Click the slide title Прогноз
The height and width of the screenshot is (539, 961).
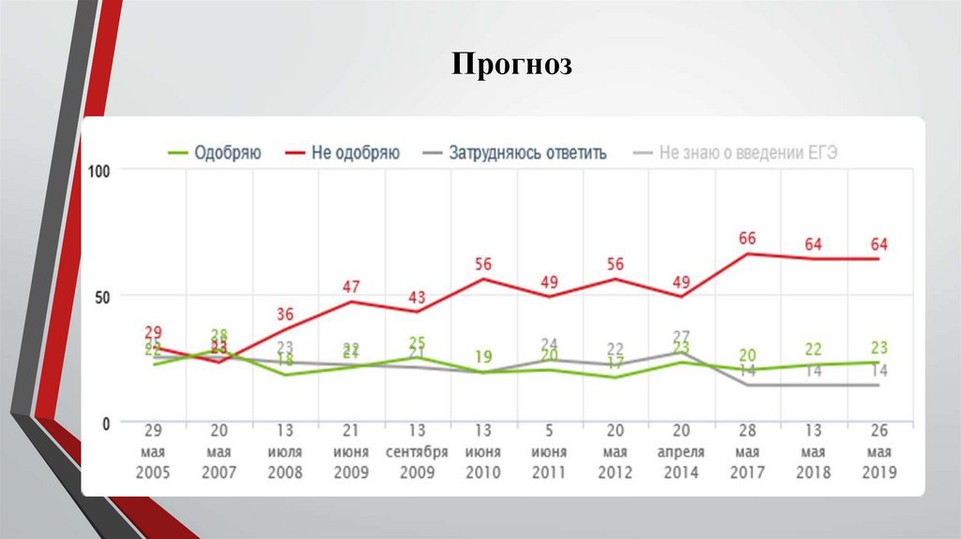511,65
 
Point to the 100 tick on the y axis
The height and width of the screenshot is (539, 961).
99,171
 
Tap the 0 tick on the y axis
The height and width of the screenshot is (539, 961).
106,423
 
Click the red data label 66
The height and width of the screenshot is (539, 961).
747,239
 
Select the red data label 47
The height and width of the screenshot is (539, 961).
351,286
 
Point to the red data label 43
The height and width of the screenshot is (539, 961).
417,297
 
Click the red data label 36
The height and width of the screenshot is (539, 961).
284,314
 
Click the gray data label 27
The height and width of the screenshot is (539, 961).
682,336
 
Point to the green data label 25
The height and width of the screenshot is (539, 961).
417,342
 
